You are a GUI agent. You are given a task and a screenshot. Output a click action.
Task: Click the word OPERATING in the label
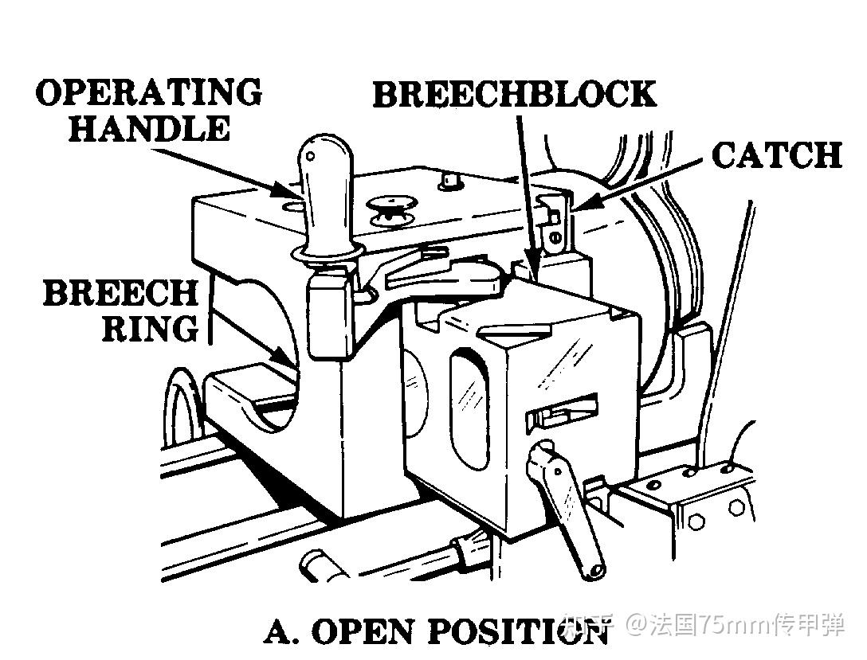(x=149, y=93)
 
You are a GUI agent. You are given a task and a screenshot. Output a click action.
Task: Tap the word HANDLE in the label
(x=149, y=128)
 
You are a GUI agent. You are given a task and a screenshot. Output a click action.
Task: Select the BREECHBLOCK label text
(x=514, y=95)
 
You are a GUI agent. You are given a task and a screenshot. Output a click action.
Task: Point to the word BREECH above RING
(x=120, y=293)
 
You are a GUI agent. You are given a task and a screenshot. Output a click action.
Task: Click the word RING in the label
(x=150, y=327)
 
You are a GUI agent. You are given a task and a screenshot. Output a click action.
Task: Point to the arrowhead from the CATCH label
(x=581, y=206)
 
